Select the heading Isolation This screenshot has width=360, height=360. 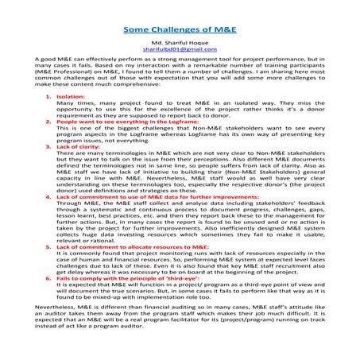coord(71,117)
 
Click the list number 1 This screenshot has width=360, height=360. coord(49,117)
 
